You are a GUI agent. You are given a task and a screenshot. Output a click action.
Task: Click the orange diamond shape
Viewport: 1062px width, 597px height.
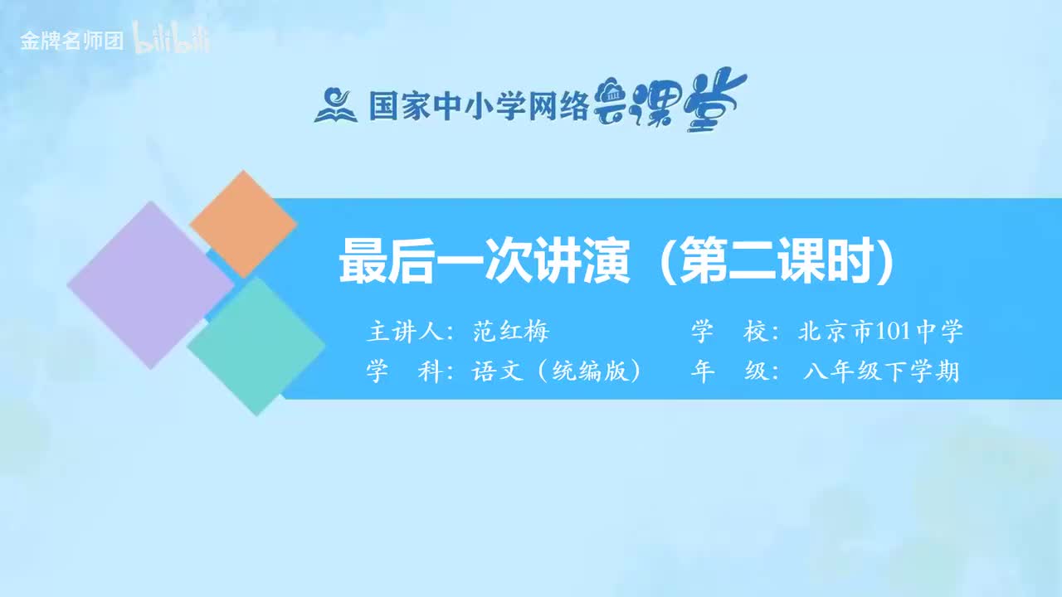(x=243, y=224)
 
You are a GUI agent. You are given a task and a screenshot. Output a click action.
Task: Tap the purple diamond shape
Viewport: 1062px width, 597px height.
(x=150, y=284)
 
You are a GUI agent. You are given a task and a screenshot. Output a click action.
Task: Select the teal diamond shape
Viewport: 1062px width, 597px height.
(x=256, y=346)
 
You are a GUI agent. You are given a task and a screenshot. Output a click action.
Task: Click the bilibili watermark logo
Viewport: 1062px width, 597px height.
(x=172, y=41)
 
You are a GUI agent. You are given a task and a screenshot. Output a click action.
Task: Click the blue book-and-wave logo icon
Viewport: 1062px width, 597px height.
(x=335, y=105)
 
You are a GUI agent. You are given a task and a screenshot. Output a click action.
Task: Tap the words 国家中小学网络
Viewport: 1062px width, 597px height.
(x=479, y=106)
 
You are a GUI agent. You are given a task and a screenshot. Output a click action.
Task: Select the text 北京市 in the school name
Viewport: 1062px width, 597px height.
(x=835, y=332)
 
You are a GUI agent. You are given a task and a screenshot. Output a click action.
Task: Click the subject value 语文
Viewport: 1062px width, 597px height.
(x=497, y=371)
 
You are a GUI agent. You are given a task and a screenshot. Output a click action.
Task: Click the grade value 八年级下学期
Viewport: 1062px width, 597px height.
(x=881, y=371)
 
